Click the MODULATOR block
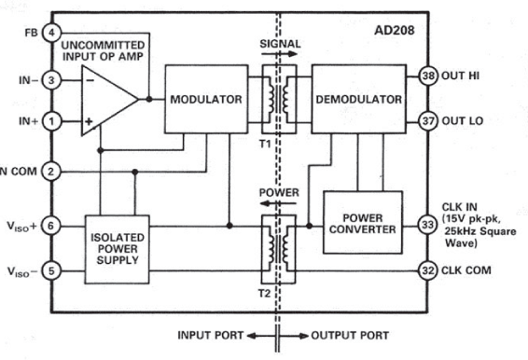(204, 99)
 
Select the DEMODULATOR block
(358, 99)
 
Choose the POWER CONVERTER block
(362, 222)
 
